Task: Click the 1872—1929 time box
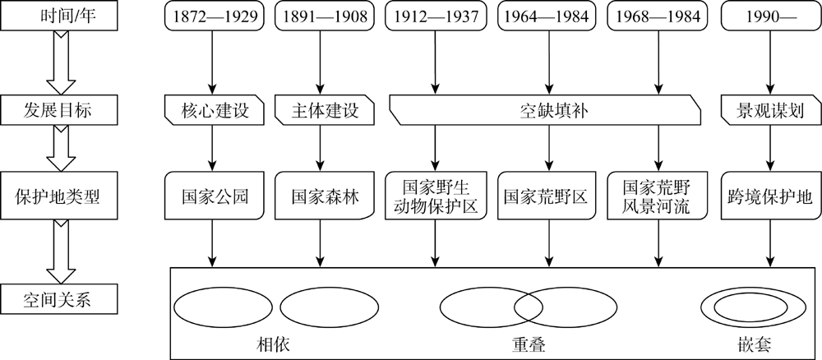[x=213, y=16]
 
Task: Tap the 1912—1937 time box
[x=433, y=16]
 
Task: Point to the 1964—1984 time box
[x=548, y=16]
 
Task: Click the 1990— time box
[x=770, y=16]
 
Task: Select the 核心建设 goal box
[x=213, y=110]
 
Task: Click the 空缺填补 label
[x=545, y=111]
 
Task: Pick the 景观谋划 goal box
[x=770, y=110]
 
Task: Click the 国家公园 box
[x=213, y=196]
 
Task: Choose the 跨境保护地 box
[x=770, y=196]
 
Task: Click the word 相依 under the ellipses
[x=273, y=344]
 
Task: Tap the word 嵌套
[x=753, y=344]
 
